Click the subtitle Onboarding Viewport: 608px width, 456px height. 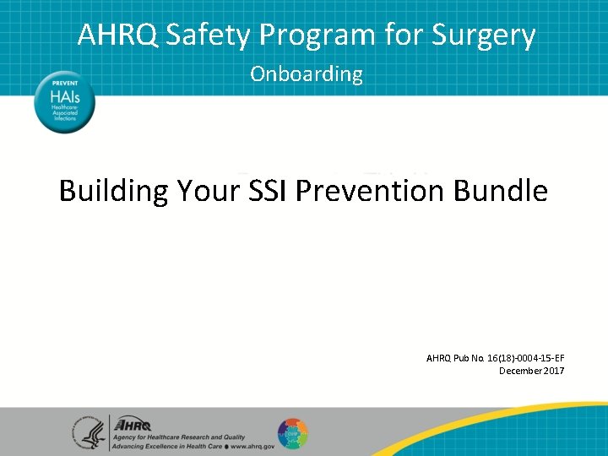click(306, 74)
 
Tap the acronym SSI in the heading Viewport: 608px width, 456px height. click(268, 191)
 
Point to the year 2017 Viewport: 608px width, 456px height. click(555, 371)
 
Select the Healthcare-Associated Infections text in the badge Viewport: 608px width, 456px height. click(64, 114)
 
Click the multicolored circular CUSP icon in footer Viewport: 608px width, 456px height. click(292, 432)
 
